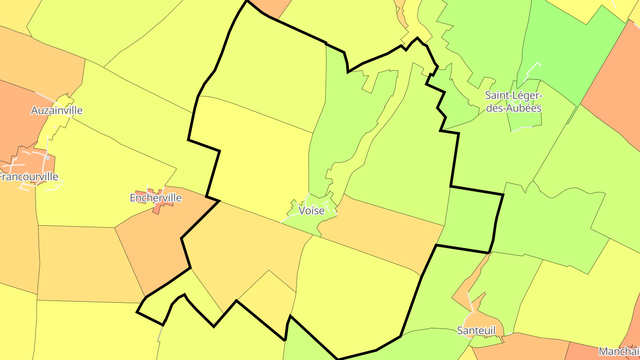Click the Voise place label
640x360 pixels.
pos(312,211)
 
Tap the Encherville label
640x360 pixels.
pos(156,198)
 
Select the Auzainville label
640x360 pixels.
pos(56,110)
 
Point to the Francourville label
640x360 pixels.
pos(28,177)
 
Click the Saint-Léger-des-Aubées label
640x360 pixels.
pos(514,102)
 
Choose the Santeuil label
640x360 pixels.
pos(476,330)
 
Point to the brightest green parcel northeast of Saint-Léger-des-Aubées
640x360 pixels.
pos(573,49)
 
